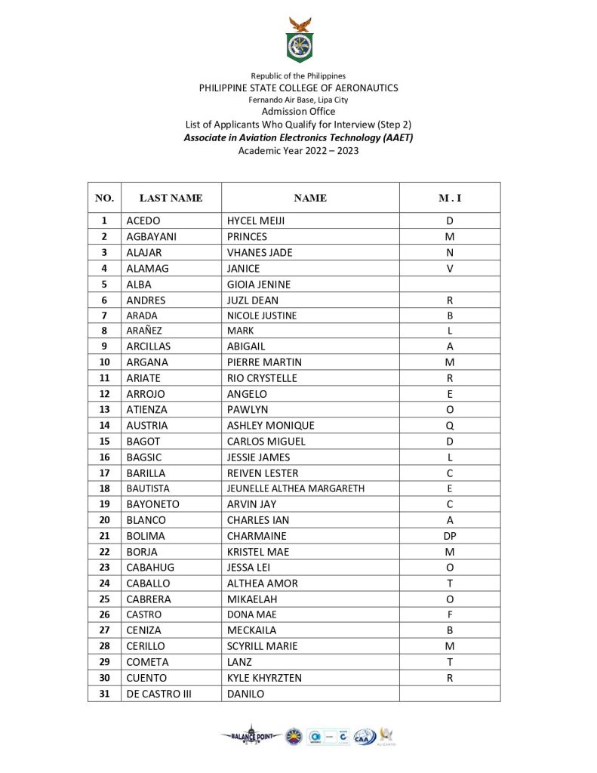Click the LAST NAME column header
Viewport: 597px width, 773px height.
[x=171, y=198]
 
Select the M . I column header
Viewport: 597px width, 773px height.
[x=450, y=198]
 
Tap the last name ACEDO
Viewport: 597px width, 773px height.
[x=143, y=221]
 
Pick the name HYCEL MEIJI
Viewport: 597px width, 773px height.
[x=256, y=221]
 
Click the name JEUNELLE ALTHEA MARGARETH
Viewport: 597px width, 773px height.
[x=296, y=488]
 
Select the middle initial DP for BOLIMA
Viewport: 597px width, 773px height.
[x=450, y=536]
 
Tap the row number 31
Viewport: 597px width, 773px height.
[x=104, y=694]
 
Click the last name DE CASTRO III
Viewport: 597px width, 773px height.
[x=159, y=694]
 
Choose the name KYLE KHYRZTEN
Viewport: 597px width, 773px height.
[x=264, y=678]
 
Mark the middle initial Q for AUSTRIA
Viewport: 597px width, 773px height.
[x=450, y=426]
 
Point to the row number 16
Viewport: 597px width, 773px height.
[x=104, y=457]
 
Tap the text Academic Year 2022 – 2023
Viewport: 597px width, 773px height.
[x=298, y=150]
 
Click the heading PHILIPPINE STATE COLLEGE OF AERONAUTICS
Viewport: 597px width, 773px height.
[x=298, y=88]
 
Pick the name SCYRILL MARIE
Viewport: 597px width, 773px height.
[x=263, y=646]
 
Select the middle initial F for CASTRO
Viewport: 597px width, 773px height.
[x=450, y=614]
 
